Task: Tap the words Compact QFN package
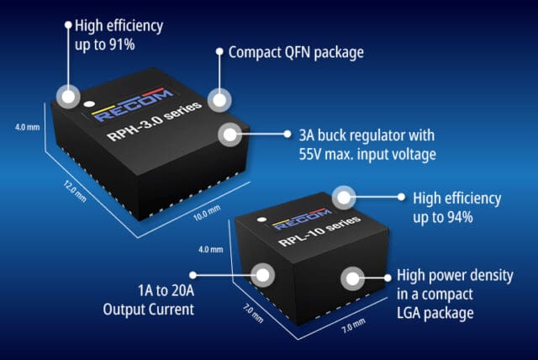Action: click(x=296, y=52)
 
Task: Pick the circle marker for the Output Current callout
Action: click(x=265, y=274)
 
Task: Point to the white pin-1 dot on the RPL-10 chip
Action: click(x=261, y=222)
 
